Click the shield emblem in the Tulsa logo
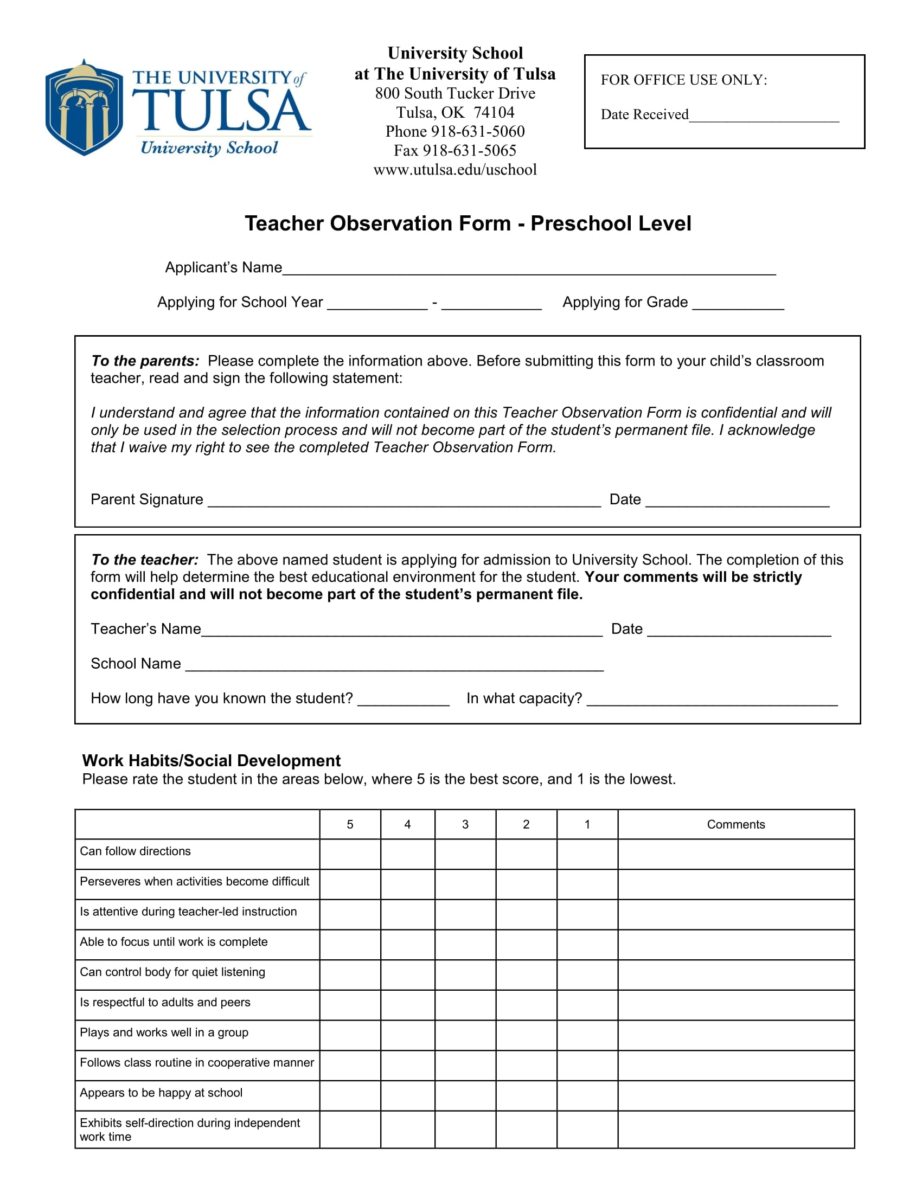pos(84,108)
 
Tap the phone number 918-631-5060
pos(478,132)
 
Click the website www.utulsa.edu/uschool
pos(455,170)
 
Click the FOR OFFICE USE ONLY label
pos(684,80)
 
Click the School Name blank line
pos(394,666)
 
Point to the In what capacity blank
pos(712,701)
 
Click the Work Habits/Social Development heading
pos(211,760)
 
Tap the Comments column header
pos(736,824)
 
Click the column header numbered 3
pos(465,824)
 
